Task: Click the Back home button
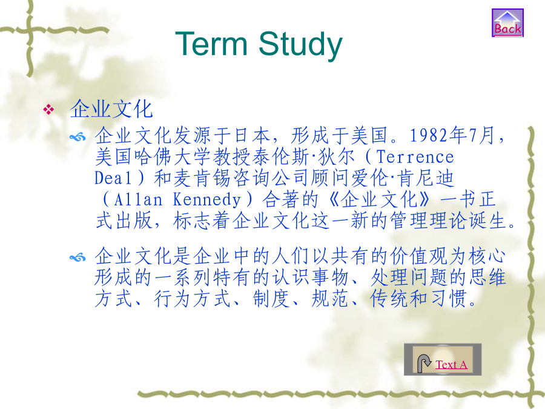[507, 22]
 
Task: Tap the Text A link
[451, 365]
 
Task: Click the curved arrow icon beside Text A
[424, 364]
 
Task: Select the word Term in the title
[211, 44]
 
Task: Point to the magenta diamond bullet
[48, 110]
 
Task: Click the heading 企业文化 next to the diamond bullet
[111, 109]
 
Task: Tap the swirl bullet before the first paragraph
[78, 138]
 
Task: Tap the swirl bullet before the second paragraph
[78, 258]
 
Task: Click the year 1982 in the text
[429, 135]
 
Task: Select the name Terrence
[415, 157]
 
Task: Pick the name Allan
[138, 199]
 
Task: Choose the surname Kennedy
[207, 199]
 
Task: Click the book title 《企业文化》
[379, 199]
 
